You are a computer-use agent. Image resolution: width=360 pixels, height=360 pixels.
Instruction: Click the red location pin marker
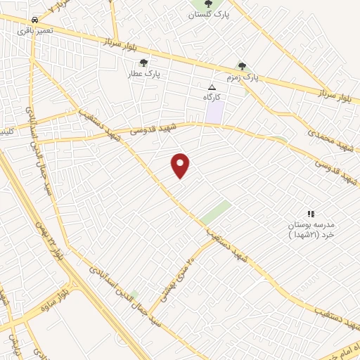pos(181,165)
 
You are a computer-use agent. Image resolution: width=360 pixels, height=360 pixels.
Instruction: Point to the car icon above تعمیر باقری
pos(35,20)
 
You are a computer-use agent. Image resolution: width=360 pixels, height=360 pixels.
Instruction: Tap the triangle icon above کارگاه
pos(212,86)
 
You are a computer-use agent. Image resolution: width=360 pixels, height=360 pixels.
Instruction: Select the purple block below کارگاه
pos(215,111)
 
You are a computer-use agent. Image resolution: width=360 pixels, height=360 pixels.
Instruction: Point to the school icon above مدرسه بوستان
pos(311,213)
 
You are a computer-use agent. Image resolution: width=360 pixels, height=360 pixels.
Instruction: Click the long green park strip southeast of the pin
pos(216,212)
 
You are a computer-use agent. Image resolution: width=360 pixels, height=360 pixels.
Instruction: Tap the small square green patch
pos(134,294)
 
